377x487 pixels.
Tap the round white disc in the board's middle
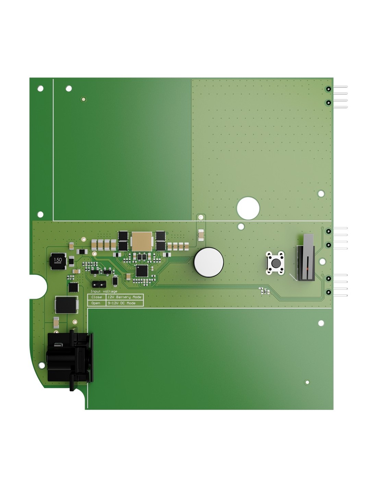(209, 262)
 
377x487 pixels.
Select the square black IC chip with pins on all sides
(142, 270)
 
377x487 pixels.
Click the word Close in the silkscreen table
(96, 297)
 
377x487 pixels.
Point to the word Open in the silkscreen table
(96, 303)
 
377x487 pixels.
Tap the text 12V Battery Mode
(124, 297)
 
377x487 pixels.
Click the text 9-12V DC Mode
(121, 303)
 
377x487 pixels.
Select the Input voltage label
(104, 291)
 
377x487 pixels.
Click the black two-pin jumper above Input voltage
(99, 284)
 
